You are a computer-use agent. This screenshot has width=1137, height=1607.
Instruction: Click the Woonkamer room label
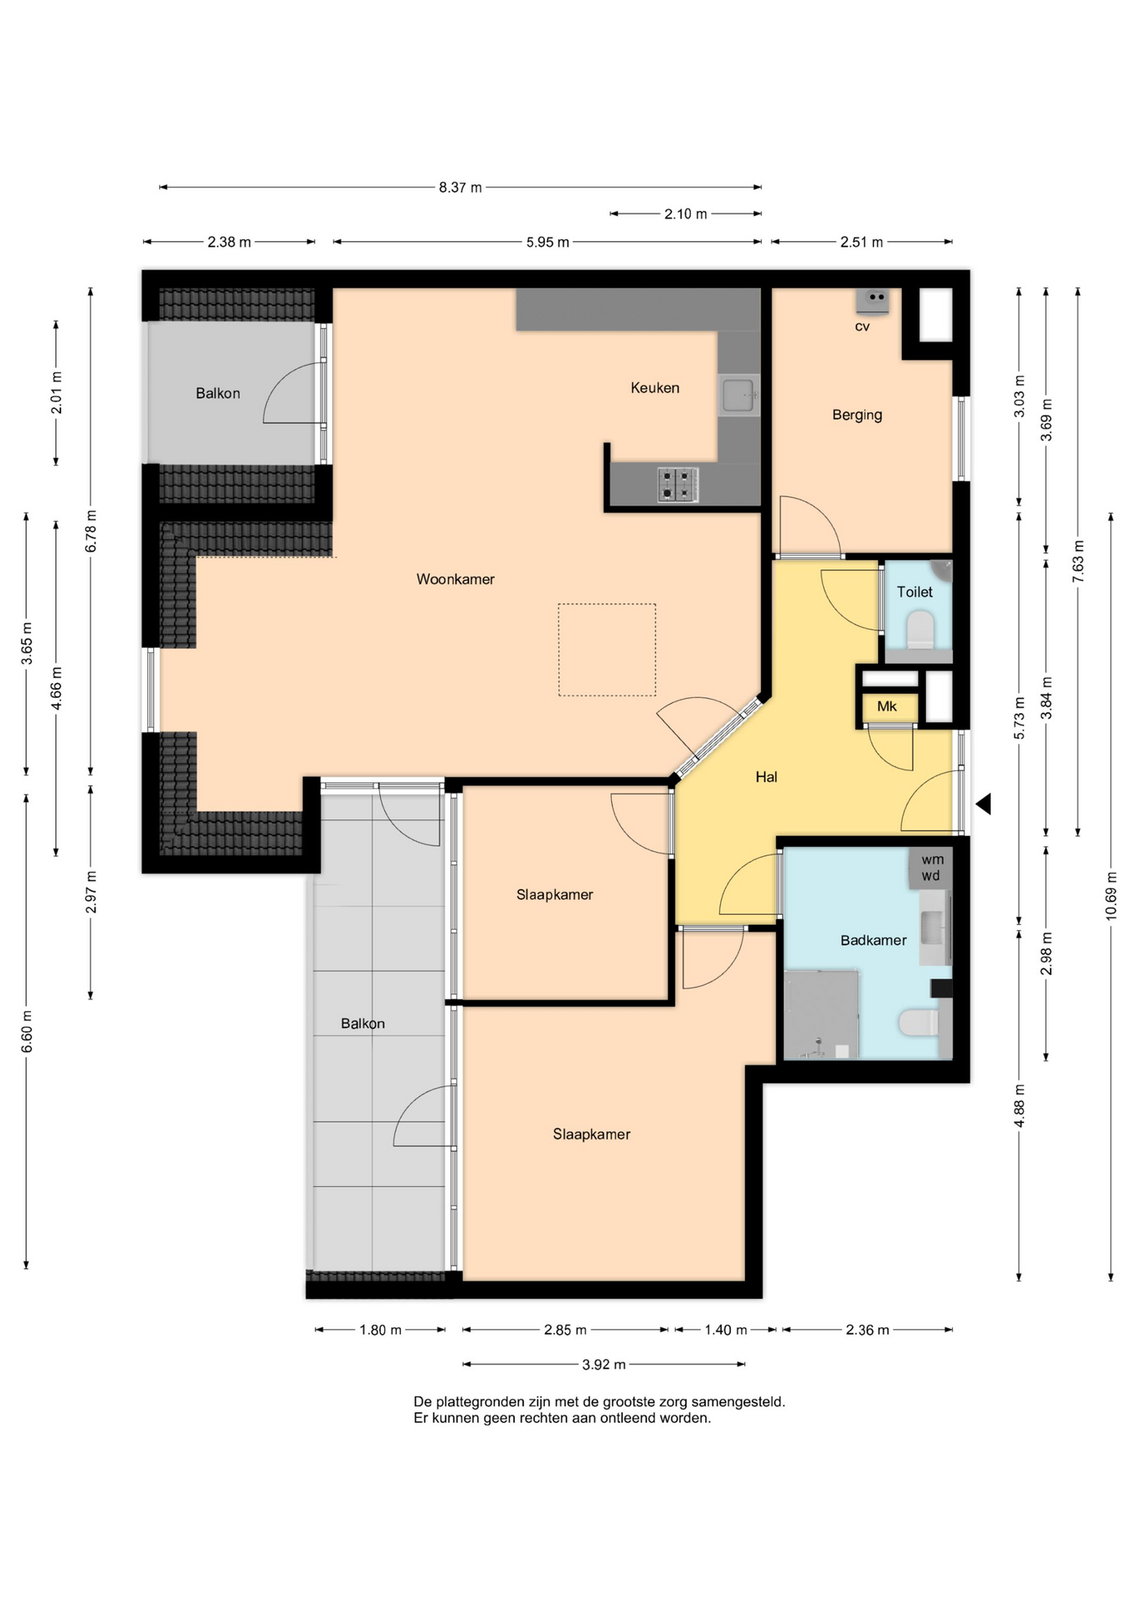(x=455, y=579)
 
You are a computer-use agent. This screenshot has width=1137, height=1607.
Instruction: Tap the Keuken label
(x=655, y=388)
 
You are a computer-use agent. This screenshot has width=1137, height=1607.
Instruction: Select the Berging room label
(x=857, y=415)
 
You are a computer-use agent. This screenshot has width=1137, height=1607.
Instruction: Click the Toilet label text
(x=914, y=592)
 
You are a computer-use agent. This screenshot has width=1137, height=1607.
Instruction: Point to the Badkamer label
(x=873, y=940)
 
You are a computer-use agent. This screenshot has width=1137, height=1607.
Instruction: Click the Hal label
(x=766, y=777)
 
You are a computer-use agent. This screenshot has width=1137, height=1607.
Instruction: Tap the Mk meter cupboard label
(x=887, y=706)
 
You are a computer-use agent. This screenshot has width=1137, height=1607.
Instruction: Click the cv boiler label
(x=862, y=326)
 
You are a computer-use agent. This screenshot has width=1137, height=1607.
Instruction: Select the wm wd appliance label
(x=932, y=867)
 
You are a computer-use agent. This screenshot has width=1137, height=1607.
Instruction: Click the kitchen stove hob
(x=677, y=485)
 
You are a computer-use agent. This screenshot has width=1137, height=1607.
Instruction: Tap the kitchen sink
(x=738, y=395)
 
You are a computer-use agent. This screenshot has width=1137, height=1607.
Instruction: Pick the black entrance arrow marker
(x=984, y=803)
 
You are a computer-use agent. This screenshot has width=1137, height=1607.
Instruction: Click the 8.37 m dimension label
(x=460, y=187)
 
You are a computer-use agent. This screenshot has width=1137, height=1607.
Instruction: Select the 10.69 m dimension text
(x=1111, y=896)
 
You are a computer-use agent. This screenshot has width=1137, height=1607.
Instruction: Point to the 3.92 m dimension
(x=604, y=1364)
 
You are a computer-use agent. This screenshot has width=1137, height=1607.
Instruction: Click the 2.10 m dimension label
(x=686, y=214)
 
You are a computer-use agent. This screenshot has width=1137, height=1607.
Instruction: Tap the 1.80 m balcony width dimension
(x=380, y=1330)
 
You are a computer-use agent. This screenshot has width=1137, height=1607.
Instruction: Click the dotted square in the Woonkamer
(x=607, y=649)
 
